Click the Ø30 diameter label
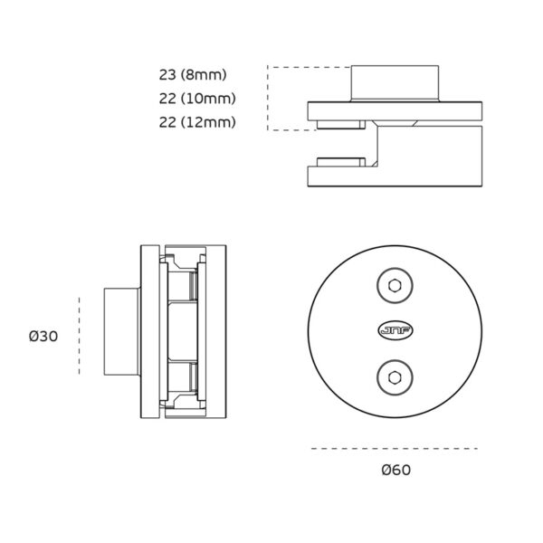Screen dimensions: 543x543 click(43, 336)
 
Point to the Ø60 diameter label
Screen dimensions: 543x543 click(396, 469)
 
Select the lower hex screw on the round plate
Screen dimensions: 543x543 click(394, 375)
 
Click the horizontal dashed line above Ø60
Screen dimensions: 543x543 click(394, 448)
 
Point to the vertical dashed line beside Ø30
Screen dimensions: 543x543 click(80, 336)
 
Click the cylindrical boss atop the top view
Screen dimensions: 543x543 click(395, 82)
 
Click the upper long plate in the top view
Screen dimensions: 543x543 click(395, 112)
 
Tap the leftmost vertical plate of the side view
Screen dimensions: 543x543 click(147, 332)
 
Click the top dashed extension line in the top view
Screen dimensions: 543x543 click(308, 67)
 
